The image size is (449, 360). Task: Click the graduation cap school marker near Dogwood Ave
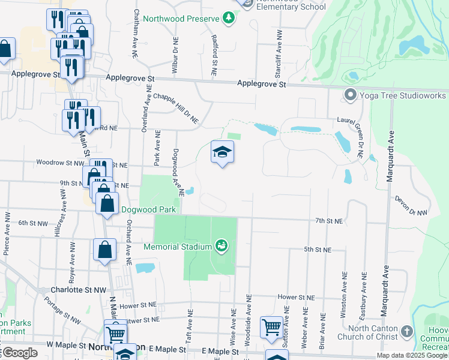[221, 152]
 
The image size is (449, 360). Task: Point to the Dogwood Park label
[148, 210]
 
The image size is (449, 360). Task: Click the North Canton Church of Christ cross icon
[407, 332]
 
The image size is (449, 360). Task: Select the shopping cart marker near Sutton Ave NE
[271, 328]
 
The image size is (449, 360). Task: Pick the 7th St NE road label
[329, 221]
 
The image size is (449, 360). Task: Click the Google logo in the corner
[19, 353]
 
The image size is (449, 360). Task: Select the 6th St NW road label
[33, 223]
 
